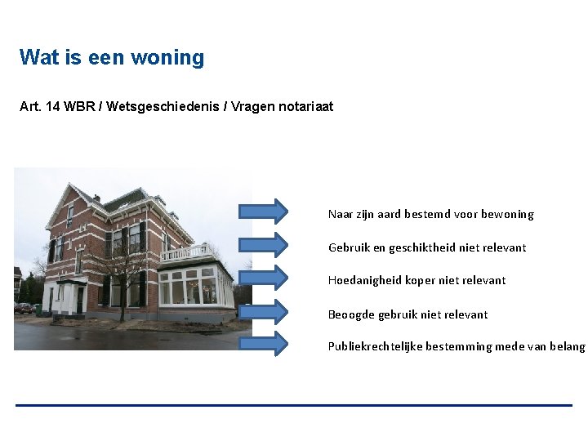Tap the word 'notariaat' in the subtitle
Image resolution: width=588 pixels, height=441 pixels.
click(x=306, y=107)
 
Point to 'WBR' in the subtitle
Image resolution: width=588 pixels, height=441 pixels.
click(x=79, y=107)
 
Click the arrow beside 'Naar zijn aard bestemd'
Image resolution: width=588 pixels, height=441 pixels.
click(x=263, y=212)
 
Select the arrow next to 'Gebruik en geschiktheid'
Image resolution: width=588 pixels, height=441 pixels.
click(x=263, y=244)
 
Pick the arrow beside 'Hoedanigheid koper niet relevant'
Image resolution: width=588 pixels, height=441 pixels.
click(x=263, y=278)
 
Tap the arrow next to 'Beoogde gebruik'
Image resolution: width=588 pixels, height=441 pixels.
click(x=263, y=311)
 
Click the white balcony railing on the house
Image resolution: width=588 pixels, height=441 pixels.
click(x=185, y=252)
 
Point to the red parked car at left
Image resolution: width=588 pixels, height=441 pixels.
click(x=24, y=309)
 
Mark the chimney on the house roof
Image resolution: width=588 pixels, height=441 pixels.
click(x=96, y=198)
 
